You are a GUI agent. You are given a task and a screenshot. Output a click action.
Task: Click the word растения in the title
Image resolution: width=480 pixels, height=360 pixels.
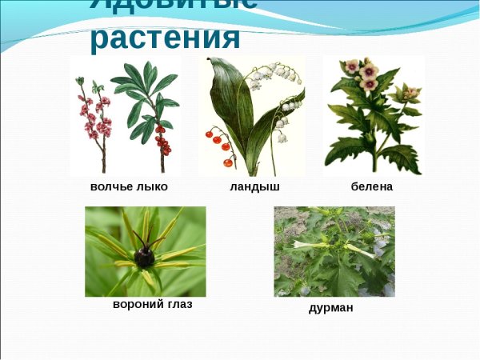click(x=165, y=38)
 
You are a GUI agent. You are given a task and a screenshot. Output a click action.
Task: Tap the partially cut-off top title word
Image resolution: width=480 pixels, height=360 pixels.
click(x=173, y=5)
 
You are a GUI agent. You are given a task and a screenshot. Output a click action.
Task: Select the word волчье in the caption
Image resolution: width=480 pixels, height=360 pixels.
click(x=111, y=186)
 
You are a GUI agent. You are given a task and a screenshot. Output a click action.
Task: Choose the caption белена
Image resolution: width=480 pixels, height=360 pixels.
click(x=372, y=186)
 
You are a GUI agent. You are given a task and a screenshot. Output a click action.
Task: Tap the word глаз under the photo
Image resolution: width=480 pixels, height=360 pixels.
click(x=177, y=305)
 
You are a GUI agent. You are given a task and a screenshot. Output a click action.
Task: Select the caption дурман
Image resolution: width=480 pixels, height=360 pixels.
click(x=330, y=307)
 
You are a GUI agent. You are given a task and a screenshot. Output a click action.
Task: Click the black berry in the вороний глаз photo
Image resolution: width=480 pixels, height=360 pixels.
click(x=145, y=257)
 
